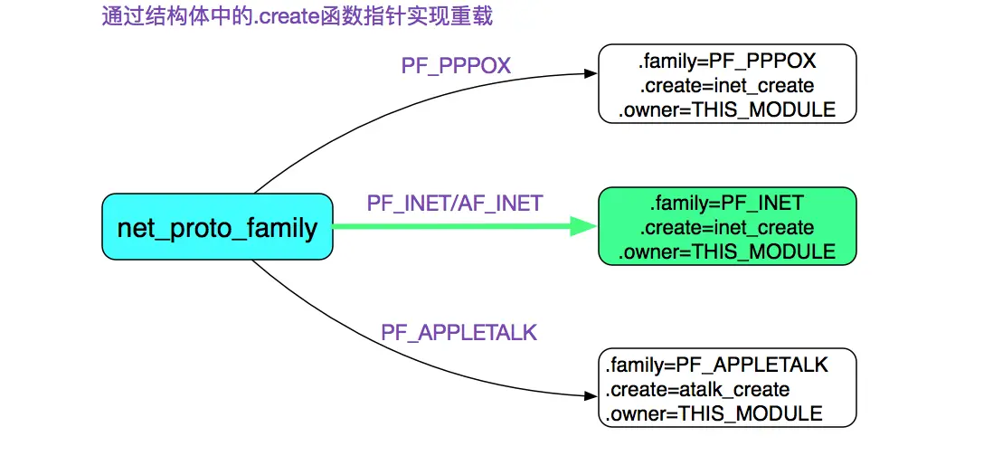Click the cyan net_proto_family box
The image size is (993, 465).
(x=217, y=227)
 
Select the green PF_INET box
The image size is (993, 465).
(x=726, y=226)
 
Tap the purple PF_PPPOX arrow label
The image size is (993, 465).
(x=456, y=65)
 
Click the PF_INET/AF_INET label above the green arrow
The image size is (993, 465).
(x=455, y=203)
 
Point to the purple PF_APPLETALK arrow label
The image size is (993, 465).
(x=459, y=332)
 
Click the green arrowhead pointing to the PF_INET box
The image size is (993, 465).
(x=583, y=227)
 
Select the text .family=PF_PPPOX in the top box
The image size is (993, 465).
(x=727, y=62)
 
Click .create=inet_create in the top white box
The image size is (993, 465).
(x=727, y=86)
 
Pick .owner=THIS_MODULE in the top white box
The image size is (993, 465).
(x=727, y=110)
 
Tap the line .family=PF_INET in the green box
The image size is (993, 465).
(x=726, y=203)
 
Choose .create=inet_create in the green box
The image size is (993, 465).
(x=726, y=227)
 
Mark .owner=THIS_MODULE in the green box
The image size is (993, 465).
(x=726, y=251)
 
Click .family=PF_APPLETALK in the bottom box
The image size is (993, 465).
(x=717, y=365)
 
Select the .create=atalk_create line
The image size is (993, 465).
(x=697, y=389)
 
